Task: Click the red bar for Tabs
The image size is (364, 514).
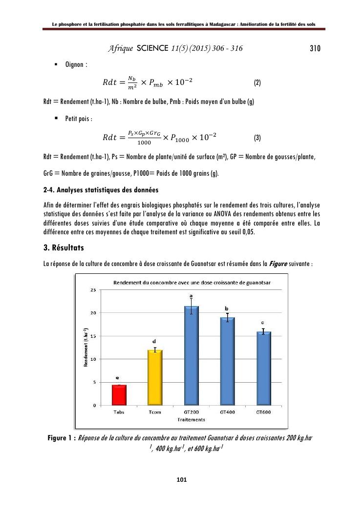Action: [x=119, y=395]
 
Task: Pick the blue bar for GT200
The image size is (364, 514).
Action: [x=191, y=356]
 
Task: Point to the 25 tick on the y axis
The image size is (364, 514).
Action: [x=93, y=290]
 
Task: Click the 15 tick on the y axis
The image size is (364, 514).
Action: [x=93, y=336]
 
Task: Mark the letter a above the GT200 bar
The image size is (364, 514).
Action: [x=191, y=296]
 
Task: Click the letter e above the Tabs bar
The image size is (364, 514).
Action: [x=117, y=378]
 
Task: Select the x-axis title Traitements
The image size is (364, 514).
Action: [x=191, y=419]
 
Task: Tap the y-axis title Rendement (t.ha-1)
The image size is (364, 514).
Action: [x=86, y=348]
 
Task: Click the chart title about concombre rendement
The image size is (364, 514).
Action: [x=193, y=283]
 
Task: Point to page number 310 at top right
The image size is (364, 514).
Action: [x=315, y=48]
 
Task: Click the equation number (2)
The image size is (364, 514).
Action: [x=257, y=82]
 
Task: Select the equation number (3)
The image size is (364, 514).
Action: [x=257, y=138]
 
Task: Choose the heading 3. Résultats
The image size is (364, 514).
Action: [x=64, y=248]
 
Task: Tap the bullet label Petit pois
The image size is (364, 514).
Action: [x=79, y=119]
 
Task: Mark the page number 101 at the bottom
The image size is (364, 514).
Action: [x=182, y=480]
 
